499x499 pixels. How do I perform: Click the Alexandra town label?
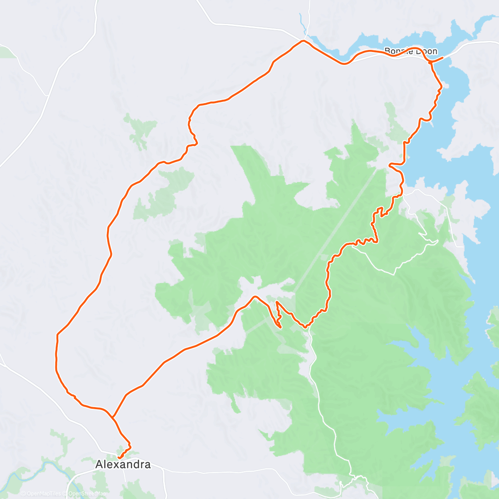coord(123,464)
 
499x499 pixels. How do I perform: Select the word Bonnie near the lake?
coord(398,51)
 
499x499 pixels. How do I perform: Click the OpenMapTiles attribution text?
coord(42,494)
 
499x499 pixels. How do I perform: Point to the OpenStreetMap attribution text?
coord(87,494)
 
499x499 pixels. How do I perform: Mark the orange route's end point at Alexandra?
coord(119,458)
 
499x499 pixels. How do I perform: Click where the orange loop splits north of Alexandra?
coord(113,416)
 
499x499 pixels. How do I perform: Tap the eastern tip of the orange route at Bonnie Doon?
coord(443,57)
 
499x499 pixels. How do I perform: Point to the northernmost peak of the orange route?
coord(303,41)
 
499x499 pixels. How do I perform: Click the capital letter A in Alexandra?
coord(99,464)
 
